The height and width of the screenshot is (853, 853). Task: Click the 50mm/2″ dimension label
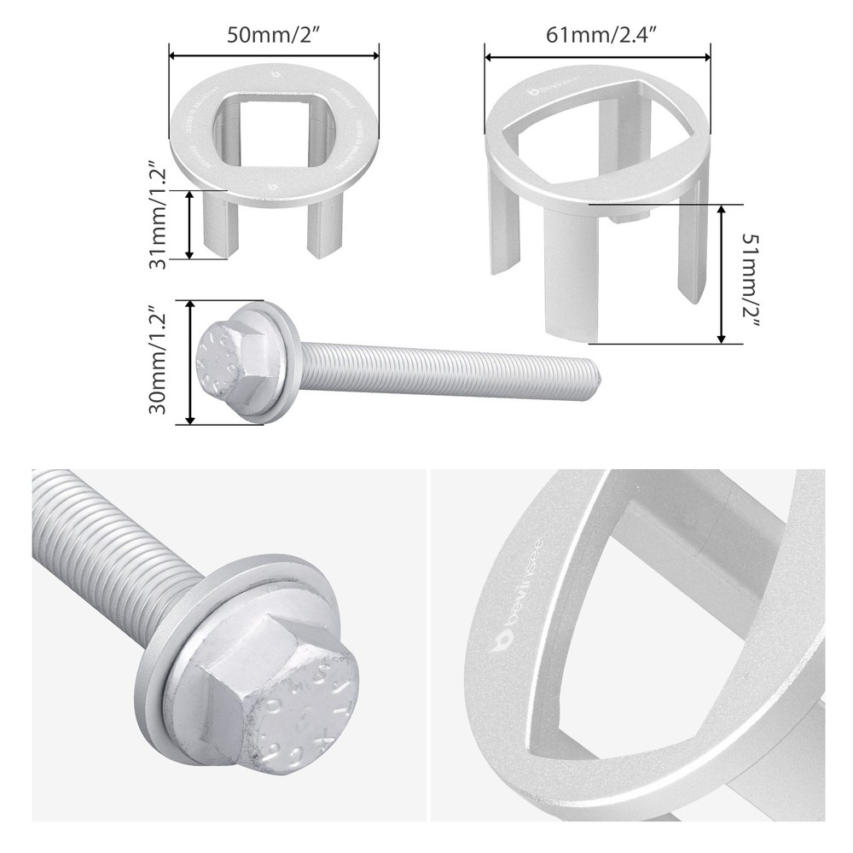coord(274,37)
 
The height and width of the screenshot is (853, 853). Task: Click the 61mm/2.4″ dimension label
coord(598,37)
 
